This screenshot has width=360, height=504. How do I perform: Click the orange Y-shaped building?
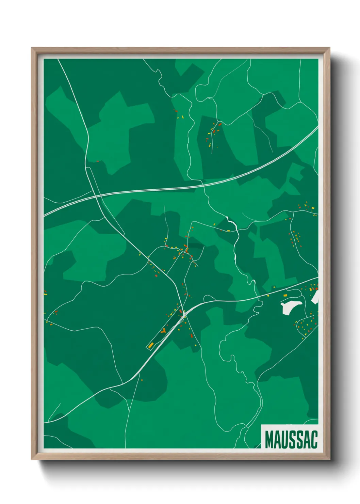tap(164, 330)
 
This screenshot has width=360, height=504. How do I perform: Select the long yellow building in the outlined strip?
tap(151, 345)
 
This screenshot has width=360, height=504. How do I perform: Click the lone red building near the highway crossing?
tap(98, 161)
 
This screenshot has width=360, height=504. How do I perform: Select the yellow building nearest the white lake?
tap(286, 295)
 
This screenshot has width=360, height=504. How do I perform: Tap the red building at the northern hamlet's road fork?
tap(219, 125)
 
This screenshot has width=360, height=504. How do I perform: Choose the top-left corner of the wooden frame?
tap(31, 48)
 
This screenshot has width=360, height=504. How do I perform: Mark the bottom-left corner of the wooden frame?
tap(31, 459)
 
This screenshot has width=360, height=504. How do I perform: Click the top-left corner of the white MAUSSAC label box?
tap(261, 425)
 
